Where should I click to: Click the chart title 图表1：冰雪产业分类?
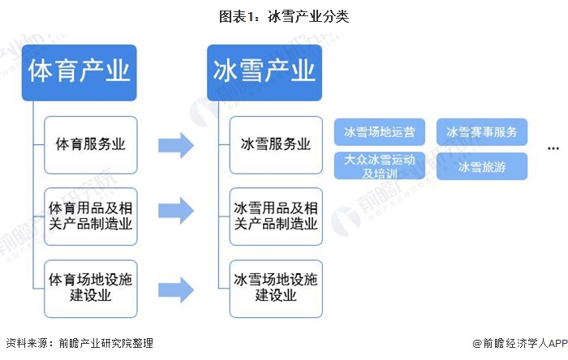click(284, 15)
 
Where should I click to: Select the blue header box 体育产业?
click(79, 73)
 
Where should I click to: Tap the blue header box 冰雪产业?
click(265, 73)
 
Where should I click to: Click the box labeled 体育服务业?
click(91, 145)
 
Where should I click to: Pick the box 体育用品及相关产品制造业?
click(91, 216)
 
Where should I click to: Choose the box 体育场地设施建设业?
click(91, 288)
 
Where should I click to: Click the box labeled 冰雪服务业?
click(276, 145)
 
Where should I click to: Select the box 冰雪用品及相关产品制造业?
click(276, 216)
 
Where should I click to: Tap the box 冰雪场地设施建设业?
click(276, 288)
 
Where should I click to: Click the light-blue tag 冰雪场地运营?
click(380, 131)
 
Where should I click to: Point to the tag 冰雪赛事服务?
click(482, 131)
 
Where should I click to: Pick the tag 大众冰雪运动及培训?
click(380, 166)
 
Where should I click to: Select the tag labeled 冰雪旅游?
click(482, 166)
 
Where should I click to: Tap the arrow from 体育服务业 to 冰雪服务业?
click(175, 146)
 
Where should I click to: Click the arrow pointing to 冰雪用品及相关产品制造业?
click(175, 210)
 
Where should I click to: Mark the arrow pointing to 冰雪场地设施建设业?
click(175, 289)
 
